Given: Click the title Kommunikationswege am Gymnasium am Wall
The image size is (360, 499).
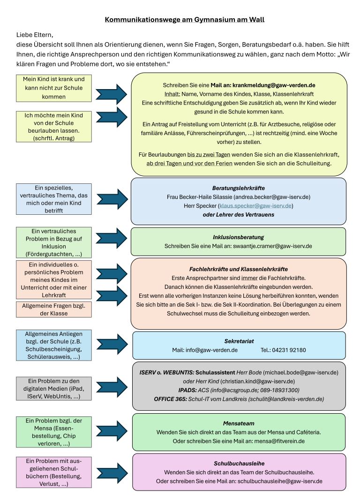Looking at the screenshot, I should point(184,20).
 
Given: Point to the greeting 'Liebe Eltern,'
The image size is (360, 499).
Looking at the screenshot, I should point(35,35).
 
